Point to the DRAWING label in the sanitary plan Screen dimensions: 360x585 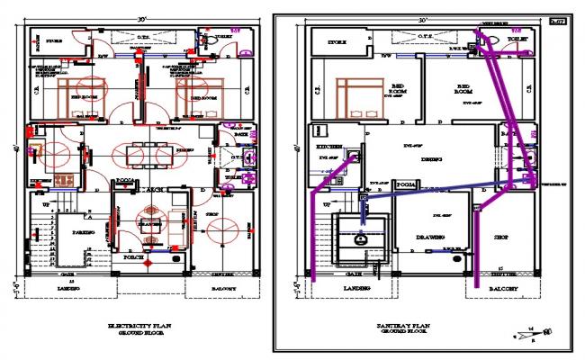click(x=428, y=237)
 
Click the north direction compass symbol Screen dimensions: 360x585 click(x=523, y=334)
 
